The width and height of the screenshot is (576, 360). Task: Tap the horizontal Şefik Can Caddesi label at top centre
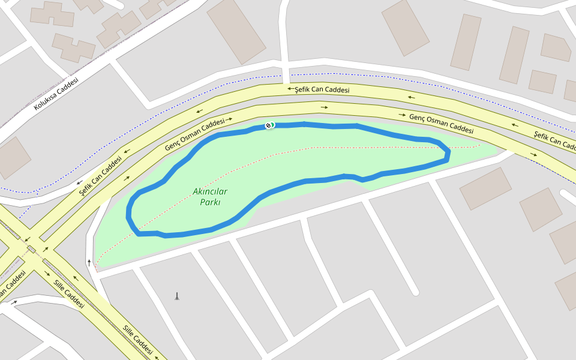322,90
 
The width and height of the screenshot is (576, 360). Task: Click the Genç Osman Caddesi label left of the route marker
194,134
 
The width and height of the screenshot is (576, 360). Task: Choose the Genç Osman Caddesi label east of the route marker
441,123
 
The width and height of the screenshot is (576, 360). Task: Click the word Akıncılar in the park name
210,191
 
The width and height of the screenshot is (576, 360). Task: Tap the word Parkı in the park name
210,202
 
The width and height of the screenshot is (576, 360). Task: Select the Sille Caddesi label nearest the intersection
68,294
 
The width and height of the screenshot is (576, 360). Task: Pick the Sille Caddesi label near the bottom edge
137,340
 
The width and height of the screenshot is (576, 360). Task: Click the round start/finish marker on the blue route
269,125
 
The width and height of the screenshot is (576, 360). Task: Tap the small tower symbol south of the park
176,296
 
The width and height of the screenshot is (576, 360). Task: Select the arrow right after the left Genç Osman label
229,119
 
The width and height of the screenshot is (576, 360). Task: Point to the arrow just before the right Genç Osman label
402,114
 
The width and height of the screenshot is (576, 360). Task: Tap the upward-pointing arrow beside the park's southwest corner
89,262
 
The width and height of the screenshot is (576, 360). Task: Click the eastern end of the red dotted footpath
479,145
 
